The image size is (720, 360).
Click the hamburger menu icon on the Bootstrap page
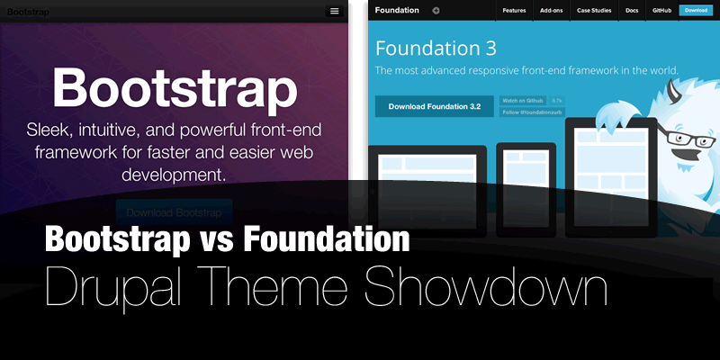(x=335, y=11)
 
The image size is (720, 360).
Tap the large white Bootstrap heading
(x=175, y=88)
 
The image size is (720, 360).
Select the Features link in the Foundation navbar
(x=514, y=11)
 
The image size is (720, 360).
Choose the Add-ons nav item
(x=552, y=11)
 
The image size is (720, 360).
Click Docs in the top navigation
(x=632, y=11)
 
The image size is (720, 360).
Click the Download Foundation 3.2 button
(x=434, y=106)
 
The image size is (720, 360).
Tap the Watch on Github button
(x=523, y=100)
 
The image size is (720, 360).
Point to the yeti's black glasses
(x=687, y=140)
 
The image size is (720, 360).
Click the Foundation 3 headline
(x=436, y=48)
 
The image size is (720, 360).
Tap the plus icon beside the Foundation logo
(x=436, y=11)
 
